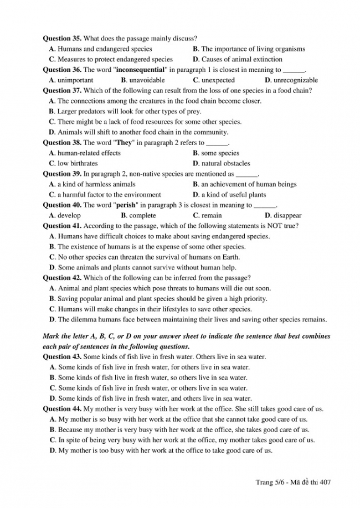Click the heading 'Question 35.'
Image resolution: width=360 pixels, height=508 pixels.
tap(62, 39)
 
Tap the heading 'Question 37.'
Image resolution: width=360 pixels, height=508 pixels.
tap(62, 91)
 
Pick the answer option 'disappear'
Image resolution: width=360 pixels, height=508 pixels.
tap(287, 216)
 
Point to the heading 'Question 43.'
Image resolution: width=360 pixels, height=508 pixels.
tap(62, 357)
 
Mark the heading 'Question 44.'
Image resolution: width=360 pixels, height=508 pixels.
tap(62, 409)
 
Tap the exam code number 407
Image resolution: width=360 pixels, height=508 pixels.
tap(325, 482)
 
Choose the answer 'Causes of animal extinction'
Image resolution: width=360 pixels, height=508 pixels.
tap(241, 59)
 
